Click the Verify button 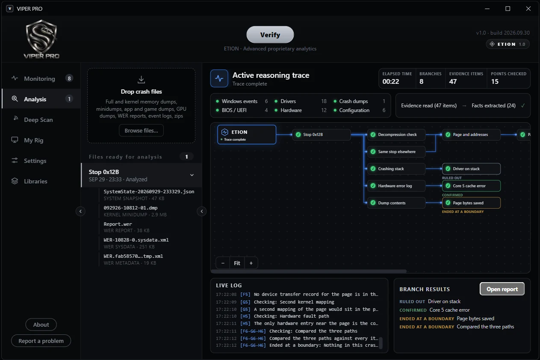270,35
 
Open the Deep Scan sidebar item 38,120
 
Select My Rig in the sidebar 33,140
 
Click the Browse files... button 141,130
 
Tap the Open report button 502,289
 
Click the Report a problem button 41,341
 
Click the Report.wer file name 118,224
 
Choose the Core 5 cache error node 471,186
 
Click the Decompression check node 396,135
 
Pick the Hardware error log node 396,186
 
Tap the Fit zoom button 237,263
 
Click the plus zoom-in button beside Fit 251,263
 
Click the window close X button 528,9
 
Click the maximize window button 508,9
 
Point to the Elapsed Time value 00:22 390,82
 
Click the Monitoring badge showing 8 69,78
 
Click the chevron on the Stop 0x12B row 192,175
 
